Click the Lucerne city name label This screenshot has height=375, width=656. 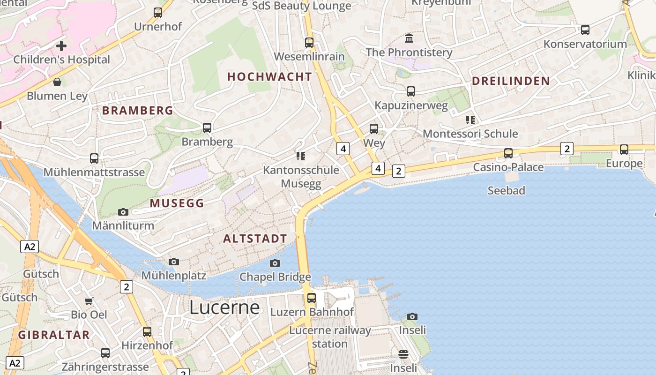tap(224, 307)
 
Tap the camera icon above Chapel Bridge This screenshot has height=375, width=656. tap(275, 263)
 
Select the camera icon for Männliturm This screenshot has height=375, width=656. tap(123, 212)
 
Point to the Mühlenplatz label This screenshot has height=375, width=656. tap(174, 275)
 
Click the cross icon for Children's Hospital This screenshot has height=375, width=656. tap(61, 46)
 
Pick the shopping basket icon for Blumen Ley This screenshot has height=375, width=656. tap(57, 82)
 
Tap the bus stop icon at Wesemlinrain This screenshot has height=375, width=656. tap(309, 43)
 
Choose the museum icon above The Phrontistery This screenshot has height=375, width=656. tap(409, 38)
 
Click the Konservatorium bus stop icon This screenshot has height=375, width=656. tap(585, 30)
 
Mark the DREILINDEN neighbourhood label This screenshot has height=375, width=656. tap(511, 81)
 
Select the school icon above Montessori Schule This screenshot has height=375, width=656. tap(470, 120)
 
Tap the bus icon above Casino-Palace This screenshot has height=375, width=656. tap(508, 153)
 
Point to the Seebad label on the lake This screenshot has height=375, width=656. tap(506, 190)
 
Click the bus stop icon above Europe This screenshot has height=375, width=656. tap(624, 150)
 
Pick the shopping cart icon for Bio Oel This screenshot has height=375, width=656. tap(89, 301)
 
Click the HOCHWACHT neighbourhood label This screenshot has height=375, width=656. tap(269, 77)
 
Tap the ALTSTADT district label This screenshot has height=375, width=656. tap(255, 239)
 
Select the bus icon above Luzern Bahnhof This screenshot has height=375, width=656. tap(312, 298)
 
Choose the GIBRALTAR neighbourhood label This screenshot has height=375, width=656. tap(54, 335)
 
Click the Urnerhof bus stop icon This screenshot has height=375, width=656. tap(158, 13)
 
